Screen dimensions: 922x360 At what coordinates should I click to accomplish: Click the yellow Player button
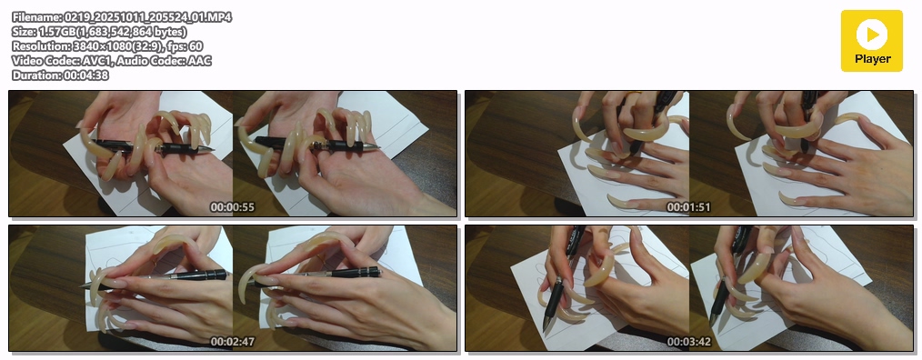coord(871,41)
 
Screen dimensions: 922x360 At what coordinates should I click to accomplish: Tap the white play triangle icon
coord(873,35)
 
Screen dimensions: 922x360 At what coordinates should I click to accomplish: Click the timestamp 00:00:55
coord(232,207)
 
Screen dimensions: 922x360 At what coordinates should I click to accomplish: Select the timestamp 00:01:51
coord(688,207)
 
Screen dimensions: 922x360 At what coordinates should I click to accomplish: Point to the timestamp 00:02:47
coord(232,341)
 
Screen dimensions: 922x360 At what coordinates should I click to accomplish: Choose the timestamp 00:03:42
coord(688,341)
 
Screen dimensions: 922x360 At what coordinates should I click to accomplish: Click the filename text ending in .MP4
coord(122,17)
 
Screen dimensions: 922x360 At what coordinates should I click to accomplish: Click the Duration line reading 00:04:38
coord(60,75)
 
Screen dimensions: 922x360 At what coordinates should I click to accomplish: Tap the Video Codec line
coord(112,61)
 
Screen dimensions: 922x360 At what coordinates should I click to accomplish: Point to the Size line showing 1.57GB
coord(99,32)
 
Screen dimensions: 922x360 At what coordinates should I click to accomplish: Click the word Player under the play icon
coord(873,59)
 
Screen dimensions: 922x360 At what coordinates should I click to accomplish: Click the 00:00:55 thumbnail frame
coord(233,154)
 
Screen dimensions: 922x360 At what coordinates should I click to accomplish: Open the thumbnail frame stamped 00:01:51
coord(689,154)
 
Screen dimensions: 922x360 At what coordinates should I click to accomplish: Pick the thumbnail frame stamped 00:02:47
coord(233,288)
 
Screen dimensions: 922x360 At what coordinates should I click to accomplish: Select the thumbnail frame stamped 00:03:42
coord(689,288)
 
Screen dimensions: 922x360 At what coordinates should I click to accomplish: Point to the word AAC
coord(200,61)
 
